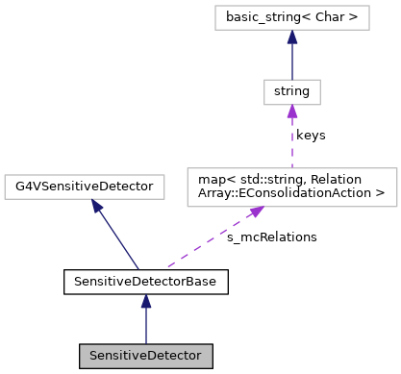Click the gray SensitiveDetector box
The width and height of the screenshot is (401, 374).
pyautogui.click(x=146, y=355)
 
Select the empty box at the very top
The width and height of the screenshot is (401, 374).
pyautogui.click(x=291, y=17)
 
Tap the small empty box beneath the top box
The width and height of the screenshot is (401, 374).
pyautogui.click(x=291, y=92)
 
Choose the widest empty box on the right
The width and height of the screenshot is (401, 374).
pyautogui.click(x=291, y=187)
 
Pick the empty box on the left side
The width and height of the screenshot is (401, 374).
pyautogui.click(x=85, y=187)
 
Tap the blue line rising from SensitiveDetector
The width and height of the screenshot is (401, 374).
pyautogui.click(x=146, y=325)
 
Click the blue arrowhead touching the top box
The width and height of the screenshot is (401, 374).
pyautogui.click(x=291, y=37)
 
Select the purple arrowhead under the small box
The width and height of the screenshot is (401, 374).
pyautogui.click(x=291, y=112)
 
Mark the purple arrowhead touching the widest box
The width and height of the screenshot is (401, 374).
pyautogui.click(x=257, y=212)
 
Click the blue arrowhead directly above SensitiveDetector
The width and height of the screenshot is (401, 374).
pyautogui.click(x=146, y=301)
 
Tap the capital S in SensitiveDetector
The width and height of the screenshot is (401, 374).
pyautogui.click(x=93, y=356)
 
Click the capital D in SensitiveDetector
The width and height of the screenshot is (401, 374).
pyautogui.click(x=144, y=356)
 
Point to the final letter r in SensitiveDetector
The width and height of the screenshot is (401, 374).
pyautogui.click(x=199, y=356)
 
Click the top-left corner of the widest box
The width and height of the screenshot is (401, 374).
pyautogui.click(x=188, y=168)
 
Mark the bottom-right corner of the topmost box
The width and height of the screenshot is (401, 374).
pyautogui.click(x=369, y=30)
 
